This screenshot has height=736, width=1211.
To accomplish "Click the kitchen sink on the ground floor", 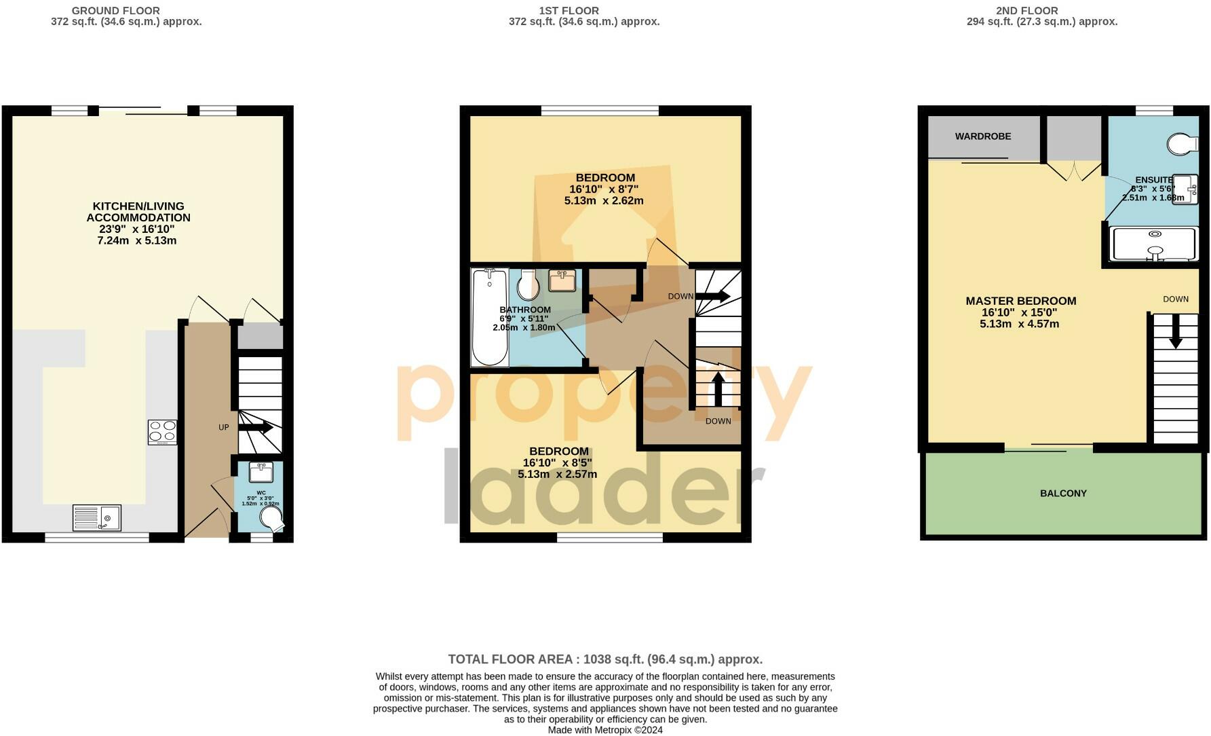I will coord(96,518).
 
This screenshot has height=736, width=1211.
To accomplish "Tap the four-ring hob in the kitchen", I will coord(162,432).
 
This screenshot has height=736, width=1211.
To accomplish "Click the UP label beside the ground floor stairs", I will coord(223,428).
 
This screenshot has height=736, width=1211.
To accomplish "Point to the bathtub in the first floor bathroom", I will coord(489,317).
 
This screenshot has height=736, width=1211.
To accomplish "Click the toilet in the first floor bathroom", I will coord(528,285).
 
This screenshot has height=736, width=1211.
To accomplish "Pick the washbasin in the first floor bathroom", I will coord(562,280).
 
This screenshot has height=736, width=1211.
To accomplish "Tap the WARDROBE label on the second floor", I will coord(983,136).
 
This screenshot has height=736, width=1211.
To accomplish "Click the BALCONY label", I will coord(1063,494).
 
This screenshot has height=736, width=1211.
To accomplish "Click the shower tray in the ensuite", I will coord(1153,244).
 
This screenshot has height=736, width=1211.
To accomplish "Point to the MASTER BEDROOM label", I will coord(1020,301).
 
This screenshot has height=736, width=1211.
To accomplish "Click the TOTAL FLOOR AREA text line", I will coord(605,659).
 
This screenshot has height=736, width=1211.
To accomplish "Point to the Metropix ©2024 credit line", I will coord(605,731).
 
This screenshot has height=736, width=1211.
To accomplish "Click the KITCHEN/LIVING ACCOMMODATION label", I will coord(138,212).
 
